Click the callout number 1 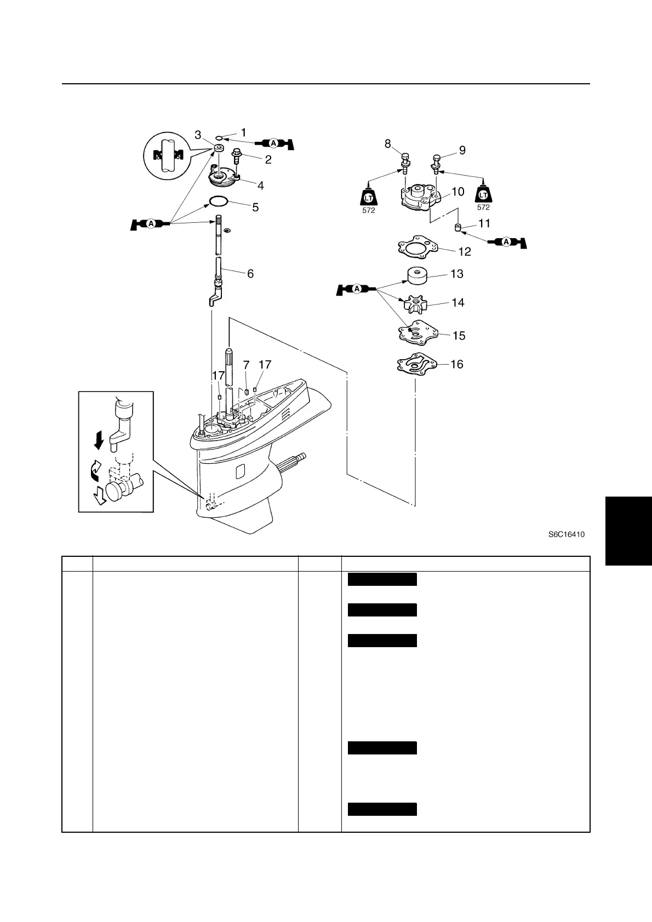243,132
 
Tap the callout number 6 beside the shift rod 250,273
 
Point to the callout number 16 456,364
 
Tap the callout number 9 462,150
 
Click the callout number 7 247,365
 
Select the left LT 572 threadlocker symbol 369,198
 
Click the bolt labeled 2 237,155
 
